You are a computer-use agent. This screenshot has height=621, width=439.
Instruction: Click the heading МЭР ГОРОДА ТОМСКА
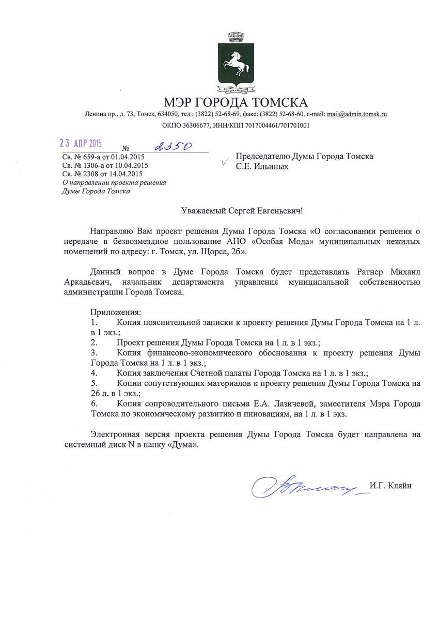click(235, 102)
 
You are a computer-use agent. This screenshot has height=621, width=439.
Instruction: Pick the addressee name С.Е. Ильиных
click(262, 167)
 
